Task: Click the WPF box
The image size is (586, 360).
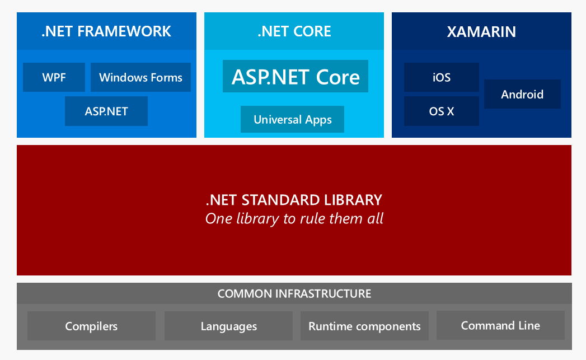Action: click(x=54, y=77)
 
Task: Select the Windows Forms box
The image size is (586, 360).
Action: click(x=140, y=77)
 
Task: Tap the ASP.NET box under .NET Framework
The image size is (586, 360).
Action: click(x=106, y=111)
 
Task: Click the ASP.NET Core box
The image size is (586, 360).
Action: click(x=296, y=76)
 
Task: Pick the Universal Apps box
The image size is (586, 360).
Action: click(x=292, y=119)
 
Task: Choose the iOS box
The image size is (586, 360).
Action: click(x=442, y=77)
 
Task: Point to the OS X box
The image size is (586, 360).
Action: click(x=442, y=111)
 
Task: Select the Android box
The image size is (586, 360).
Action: click(x=522, y=94)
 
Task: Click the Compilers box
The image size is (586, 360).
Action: click(x=91, y=326)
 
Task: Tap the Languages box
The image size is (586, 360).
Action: click(x=228, y=326)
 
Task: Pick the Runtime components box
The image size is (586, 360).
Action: click(x=364, y=326)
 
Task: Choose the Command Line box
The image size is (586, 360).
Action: click(x=500, y=325)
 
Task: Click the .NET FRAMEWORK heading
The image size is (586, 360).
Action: click(x=106, y=31)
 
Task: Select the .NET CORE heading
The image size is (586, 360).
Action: click(x=294, y=31)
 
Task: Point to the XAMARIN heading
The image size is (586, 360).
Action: click(x=481, y=32)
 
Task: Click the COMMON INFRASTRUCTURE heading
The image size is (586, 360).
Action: click(x=294, y=293)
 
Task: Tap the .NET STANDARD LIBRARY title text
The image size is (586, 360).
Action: click(x=294, y=200)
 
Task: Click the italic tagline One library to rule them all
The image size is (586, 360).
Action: click(x=294, y=219)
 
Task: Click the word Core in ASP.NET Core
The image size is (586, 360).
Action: click(x=338, y=77)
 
